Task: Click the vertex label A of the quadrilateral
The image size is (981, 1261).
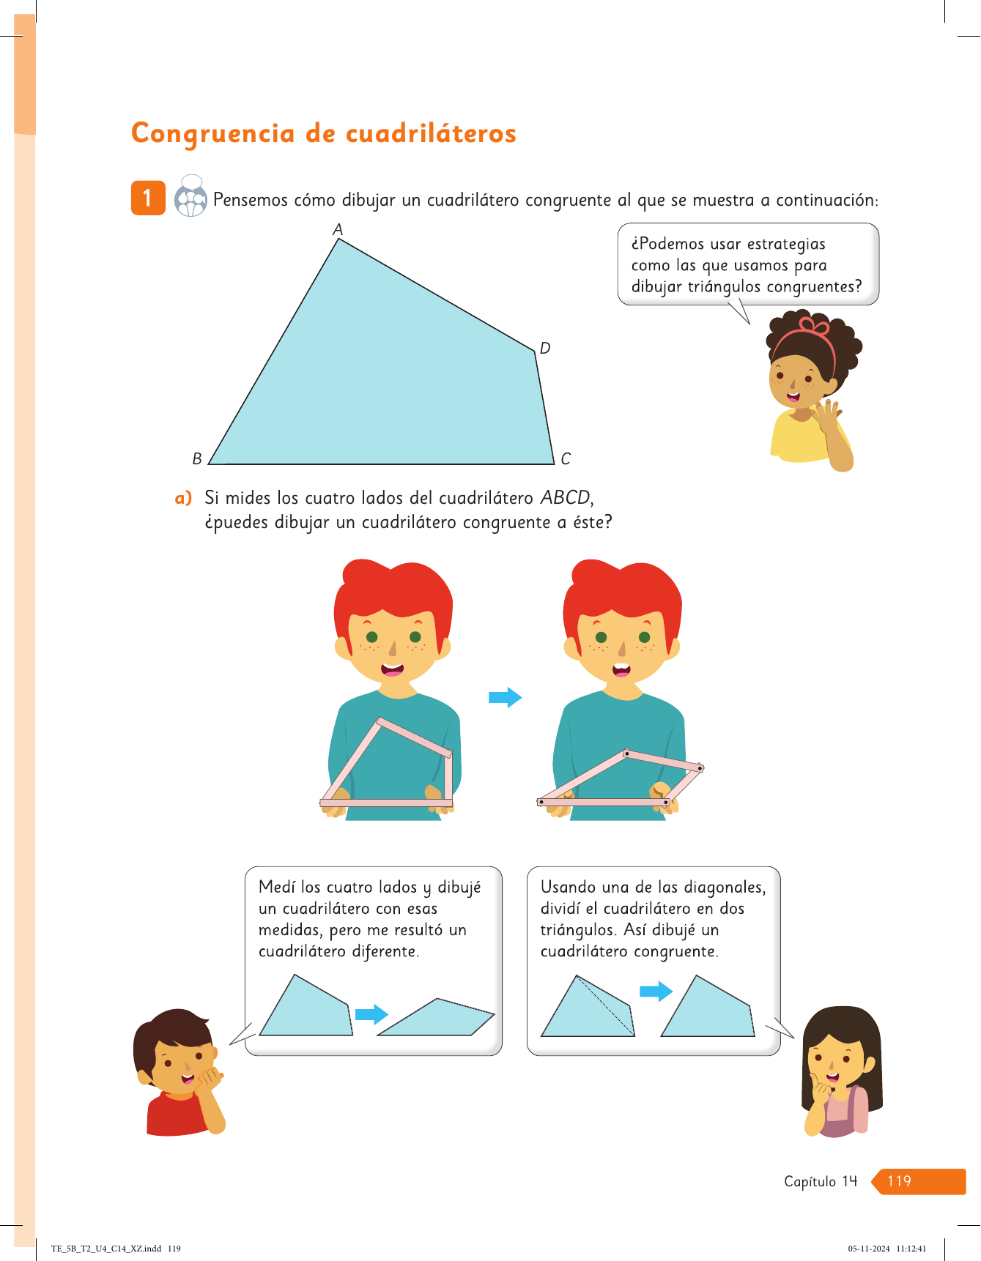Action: click(338, 230)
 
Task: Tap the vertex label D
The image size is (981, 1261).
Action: click(545, 348)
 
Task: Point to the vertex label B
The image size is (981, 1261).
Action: click(197, 458)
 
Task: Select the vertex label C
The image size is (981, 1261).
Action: click(566, 458)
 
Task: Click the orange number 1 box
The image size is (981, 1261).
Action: click(148, 198)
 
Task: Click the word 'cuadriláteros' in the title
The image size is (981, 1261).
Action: click(431, 133)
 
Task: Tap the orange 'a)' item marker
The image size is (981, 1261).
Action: click(183, 498)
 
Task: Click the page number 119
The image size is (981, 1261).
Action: click(899, 1181)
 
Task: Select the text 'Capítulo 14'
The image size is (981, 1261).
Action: click(821, 1181)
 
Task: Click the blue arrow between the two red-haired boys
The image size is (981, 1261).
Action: click(506, 697)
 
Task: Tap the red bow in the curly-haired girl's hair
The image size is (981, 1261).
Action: click(814, 325)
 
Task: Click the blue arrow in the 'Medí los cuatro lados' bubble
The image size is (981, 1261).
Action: click(371, 1014)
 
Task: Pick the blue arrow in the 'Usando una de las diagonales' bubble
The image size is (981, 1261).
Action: click(656, 992)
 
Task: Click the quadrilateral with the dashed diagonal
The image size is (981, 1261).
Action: click(588, 1006)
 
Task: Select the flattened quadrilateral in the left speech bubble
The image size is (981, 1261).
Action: click(437, 1017)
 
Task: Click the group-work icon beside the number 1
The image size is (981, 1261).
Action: click(190, 196)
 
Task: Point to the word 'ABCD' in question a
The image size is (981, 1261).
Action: click(566, 498)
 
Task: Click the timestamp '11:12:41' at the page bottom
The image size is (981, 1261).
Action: click(911, 1249)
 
